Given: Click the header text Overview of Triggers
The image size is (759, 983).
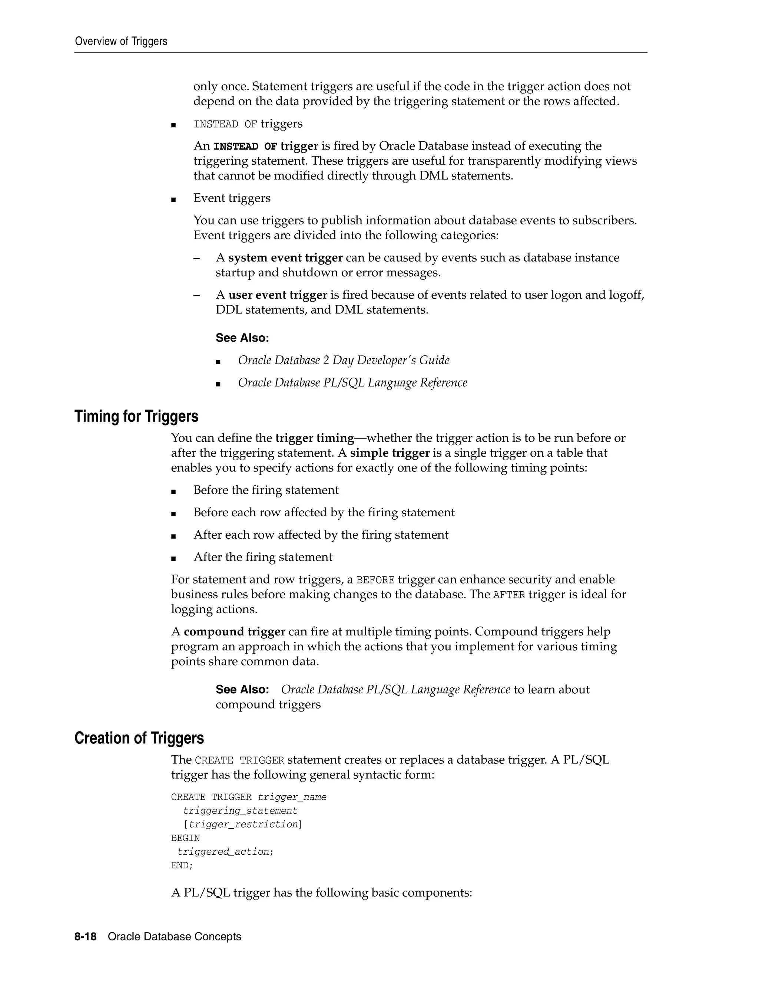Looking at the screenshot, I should pyautogui.click(x=121, y=42).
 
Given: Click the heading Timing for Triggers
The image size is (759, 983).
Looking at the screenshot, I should pyautogui.click(x=136, y=416).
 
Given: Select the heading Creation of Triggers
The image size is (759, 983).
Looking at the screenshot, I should pyautogui.click(x=139, y=738).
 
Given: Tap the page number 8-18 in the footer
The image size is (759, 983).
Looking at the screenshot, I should pyautogui.click(x=86, y=937).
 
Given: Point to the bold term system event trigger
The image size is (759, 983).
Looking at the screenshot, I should pyautogui.click(x=285, y=258).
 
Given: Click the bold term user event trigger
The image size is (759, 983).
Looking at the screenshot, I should pyautogui.click(x=278, y=295).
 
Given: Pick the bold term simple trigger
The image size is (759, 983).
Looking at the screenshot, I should pyautogui.click(x=390, y=453).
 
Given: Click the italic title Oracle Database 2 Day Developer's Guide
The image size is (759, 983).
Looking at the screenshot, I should pyautogui.click(x=344, y=360).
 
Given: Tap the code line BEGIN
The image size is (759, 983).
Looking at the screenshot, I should pyautogui.click(x=185, y=838).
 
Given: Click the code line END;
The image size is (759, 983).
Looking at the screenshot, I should pyautogui.click(x=182, y=865).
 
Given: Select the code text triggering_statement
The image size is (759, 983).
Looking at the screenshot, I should pyautogui.click(x=240, y=811).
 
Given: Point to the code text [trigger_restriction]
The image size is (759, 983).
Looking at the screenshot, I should pyautogui.click(x=243, y=824).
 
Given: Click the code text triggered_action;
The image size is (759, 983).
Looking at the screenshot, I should pyautogui.click(x=225, y=852).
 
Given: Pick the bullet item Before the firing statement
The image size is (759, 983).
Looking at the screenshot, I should pyautogui.click(x=266, y=490).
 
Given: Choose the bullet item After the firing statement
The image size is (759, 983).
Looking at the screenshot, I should pyautogui.click(x=263, y=557).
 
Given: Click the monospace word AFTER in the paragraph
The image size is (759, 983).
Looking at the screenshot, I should pyautogui.click(x=509, y=595).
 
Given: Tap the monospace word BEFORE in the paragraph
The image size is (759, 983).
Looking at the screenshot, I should pyautogui.click(x=375, y=580).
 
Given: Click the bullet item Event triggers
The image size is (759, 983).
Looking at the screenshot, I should pyautogui.click(x=232, y=198).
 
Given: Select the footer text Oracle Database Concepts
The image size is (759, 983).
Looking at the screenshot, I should pyautogui.click(x=175, y=937).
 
